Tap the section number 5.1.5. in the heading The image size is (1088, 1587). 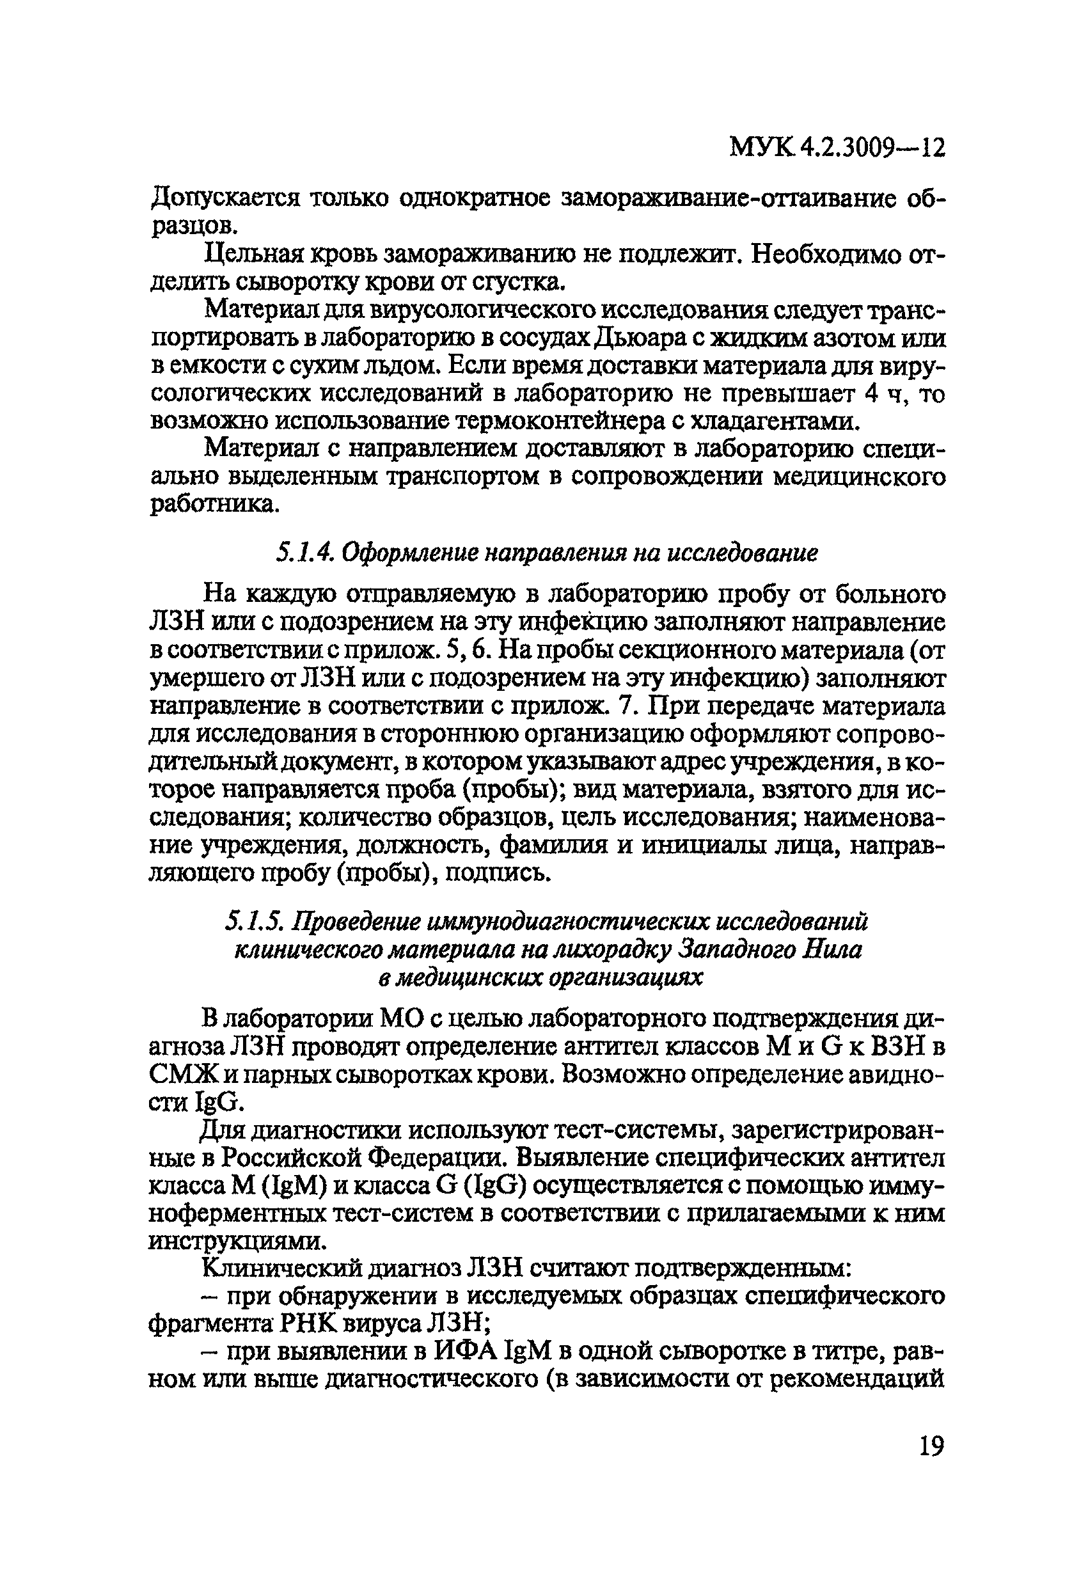click(x=255, y=922)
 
